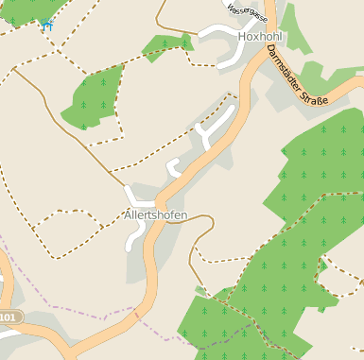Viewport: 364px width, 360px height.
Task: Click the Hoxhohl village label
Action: click(x=261, y=36)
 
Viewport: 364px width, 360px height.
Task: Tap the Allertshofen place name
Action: click(x=156, y=215)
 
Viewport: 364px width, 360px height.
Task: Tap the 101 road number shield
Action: click(x=8, y=317)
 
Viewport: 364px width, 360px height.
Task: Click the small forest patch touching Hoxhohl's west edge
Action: click(x=166, y=44)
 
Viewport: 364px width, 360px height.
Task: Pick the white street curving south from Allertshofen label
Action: click(x=131, y=236)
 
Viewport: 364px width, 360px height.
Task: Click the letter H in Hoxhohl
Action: click(x=243, y=36)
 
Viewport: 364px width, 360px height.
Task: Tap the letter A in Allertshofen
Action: click(x=129, y=215)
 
